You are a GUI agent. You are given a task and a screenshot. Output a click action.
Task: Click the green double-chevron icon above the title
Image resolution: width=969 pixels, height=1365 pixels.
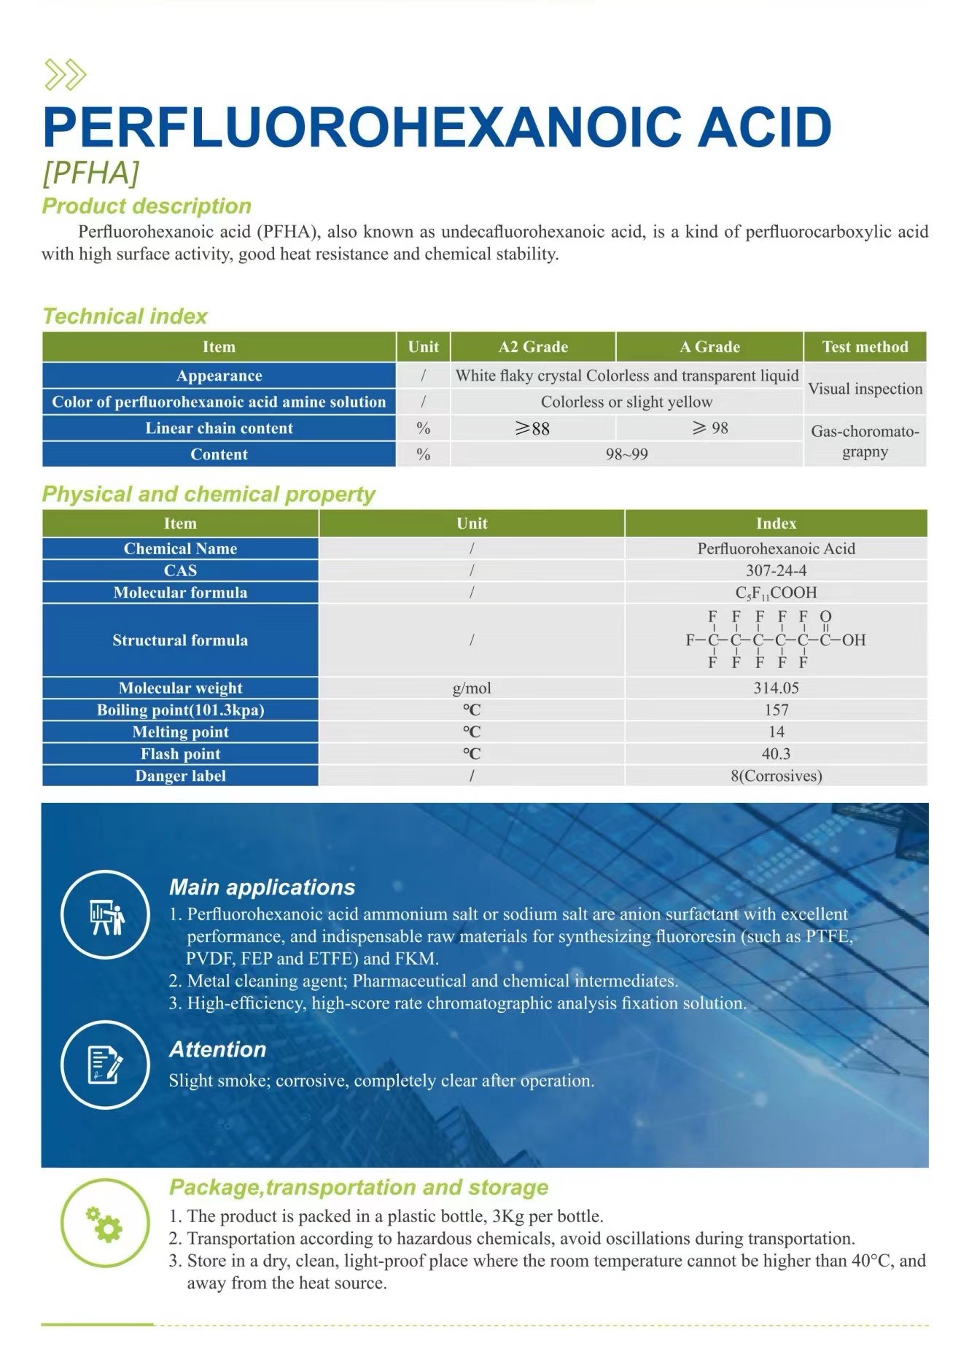(66, 74)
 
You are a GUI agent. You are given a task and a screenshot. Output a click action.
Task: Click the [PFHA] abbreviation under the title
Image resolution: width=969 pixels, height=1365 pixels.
(91, 174)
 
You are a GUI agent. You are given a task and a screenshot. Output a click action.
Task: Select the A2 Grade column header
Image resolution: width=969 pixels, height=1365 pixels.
(533, 347)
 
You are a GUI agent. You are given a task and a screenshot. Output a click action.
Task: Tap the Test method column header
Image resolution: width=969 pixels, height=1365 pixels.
(865, 347)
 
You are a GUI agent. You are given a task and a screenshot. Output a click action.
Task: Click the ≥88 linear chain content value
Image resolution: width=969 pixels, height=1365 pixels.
(532, 429)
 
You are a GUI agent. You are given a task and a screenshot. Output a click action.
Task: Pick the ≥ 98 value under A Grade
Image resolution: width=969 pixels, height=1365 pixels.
(710, 428)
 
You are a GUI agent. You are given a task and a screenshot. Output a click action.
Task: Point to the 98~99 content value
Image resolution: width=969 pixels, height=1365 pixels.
(626, 454)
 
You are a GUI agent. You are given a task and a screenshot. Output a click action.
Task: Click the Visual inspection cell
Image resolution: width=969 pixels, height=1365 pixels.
(865, 389)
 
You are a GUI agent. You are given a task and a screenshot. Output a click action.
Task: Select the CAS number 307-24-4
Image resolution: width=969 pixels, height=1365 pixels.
(776, 570)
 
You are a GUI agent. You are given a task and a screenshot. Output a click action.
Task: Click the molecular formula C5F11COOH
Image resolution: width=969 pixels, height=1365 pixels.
(776, 593)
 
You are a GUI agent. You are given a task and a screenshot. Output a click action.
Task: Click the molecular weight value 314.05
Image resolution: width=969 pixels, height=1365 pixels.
(776, 688)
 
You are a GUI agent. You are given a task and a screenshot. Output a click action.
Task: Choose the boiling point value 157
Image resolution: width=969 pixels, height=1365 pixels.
(776, 709)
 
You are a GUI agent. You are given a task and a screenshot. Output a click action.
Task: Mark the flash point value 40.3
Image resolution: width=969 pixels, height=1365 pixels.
(776, 753)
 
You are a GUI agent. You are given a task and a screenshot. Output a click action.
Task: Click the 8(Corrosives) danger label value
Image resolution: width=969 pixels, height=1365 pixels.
(776, 776)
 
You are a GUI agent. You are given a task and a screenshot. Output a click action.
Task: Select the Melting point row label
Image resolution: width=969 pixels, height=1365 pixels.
(180, 731)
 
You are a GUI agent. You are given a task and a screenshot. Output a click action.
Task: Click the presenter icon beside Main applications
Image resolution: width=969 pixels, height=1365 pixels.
(105, 914)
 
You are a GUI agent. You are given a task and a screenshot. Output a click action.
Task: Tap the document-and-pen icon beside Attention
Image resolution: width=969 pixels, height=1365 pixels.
(105, 1065)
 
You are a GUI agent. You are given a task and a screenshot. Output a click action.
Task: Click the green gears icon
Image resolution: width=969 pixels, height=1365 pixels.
(105, 1224)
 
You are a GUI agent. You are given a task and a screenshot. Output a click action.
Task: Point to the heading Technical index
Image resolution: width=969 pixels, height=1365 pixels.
(125, 316)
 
